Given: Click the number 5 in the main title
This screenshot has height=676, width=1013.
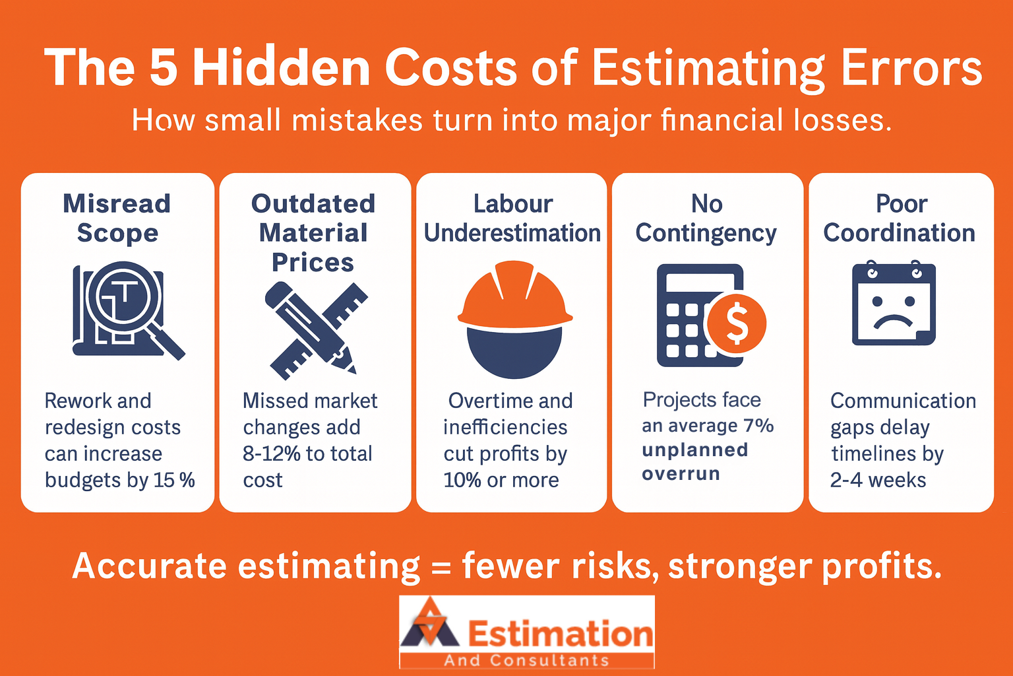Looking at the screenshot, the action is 164,68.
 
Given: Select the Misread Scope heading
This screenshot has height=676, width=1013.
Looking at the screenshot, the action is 117,219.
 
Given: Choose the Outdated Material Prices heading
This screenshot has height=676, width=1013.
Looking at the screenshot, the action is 313,233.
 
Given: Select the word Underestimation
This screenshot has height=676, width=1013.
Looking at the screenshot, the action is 512,233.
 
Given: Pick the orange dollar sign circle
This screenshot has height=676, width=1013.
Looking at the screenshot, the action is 737,323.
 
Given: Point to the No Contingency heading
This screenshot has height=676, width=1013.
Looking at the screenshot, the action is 706,219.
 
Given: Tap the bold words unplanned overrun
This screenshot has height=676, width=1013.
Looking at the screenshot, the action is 695,462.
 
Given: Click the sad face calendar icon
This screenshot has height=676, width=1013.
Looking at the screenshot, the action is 894,304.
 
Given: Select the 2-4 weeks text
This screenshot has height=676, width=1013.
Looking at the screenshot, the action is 878,480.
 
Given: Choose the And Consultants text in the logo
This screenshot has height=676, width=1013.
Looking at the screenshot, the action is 527,661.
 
